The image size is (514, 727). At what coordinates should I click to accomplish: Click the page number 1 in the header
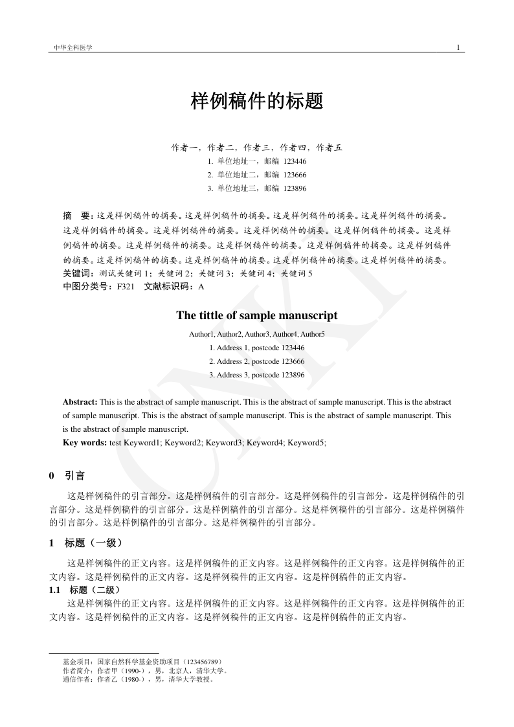point(458,47)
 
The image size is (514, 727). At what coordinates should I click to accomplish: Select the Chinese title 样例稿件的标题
point(257,102)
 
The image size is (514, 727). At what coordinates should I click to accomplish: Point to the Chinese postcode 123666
point(295,175)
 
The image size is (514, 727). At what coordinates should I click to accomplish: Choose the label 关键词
point(78,274)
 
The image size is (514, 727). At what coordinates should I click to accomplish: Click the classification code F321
point(126,286)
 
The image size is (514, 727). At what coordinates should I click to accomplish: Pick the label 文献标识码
point(166,286)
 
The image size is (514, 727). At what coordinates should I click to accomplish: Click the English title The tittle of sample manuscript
point(257,316)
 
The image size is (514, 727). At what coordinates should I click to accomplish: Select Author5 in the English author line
point(313,334)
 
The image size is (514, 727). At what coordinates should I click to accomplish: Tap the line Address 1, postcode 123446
point(257,348)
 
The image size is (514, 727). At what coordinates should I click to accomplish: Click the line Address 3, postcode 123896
point(257,375)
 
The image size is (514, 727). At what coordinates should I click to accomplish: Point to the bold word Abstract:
point(80,402)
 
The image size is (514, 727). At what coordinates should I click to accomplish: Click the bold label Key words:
point(85,443)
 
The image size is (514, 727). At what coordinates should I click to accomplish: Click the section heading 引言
point(74,476)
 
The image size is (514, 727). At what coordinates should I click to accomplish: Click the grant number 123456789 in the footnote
point(203,662)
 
